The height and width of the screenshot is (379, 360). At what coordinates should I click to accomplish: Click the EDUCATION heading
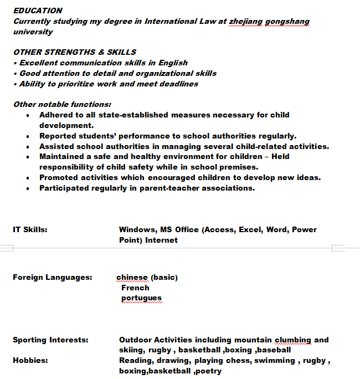coord(38,11)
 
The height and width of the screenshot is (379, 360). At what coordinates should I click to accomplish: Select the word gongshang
coord(287,21)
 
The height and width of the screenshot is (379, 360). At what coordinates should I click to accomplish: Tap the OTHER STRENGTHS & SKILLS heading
coord(75,52)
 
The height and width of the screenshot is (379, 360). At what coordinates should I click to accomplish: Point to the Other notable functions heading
coord(62,104)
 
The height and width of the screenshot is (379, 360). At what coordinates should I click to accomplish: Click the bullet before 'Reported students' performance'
coord(28,136)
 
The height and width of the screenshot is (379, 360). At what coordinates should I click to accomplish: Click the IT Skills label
coord(30,229)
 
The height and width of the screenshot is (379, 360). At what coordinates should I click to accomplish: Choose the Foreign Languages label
coord(53,277)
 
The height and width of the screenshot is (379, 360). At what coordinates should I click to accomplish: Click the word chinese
coord(132,277)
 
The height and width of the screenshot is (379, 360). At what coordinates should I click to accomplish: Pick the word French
coord(135,288)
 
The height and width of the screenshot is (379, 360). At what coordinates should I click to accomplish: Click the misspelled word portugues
coord(141,298)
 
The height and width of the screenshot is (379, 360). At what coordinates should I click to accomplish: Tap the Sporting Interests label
coord(50,340)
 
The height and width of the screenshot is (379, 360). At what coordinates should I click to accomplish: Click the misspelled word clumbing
coord(293,340)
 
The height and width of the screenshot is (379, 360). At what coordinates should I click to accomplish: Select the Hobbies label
coord(30,360)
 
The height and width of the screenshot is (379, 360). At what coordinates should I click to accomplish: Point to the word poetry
coord(208,371)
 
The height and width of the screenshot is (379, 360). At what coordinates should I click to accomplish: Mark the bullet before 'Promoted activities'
coord(28,177)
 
